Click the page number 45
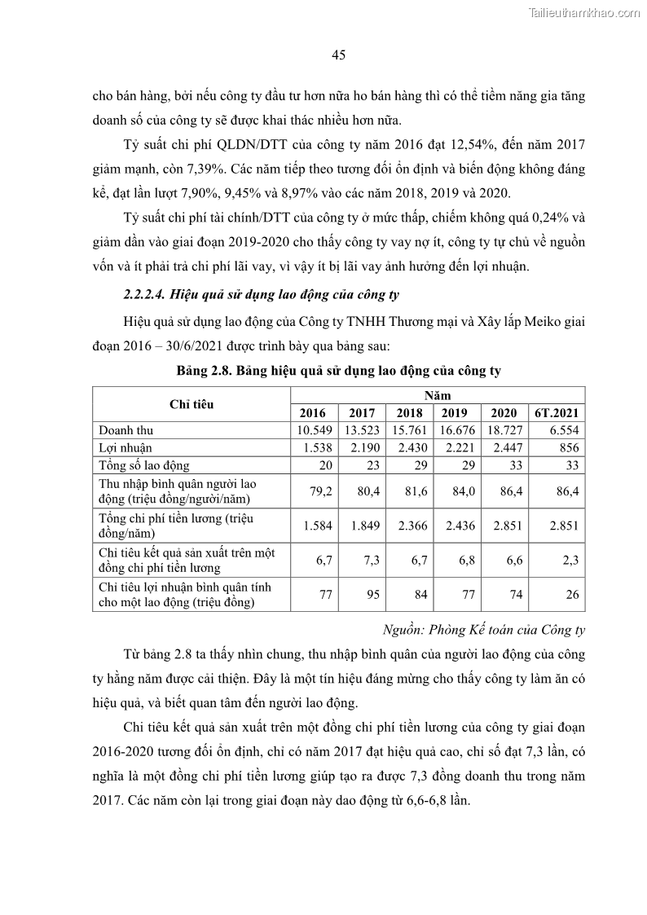coord(339,55)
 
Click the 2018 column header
coord(410,412)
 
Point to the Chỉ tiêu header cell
coord(191,403)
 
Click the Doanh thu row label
coord(125,429)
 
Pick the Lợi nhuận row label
coord(125,447)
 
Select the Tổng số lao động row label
coord(143,465)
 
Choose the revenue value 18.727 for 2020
coord(505,429)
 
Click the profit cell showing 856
coord(569,447)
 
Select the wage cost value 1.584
coord(317,526)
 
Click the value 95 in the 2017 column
coord(372,594)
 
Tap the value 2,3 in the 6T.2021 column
coord(571,560)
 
